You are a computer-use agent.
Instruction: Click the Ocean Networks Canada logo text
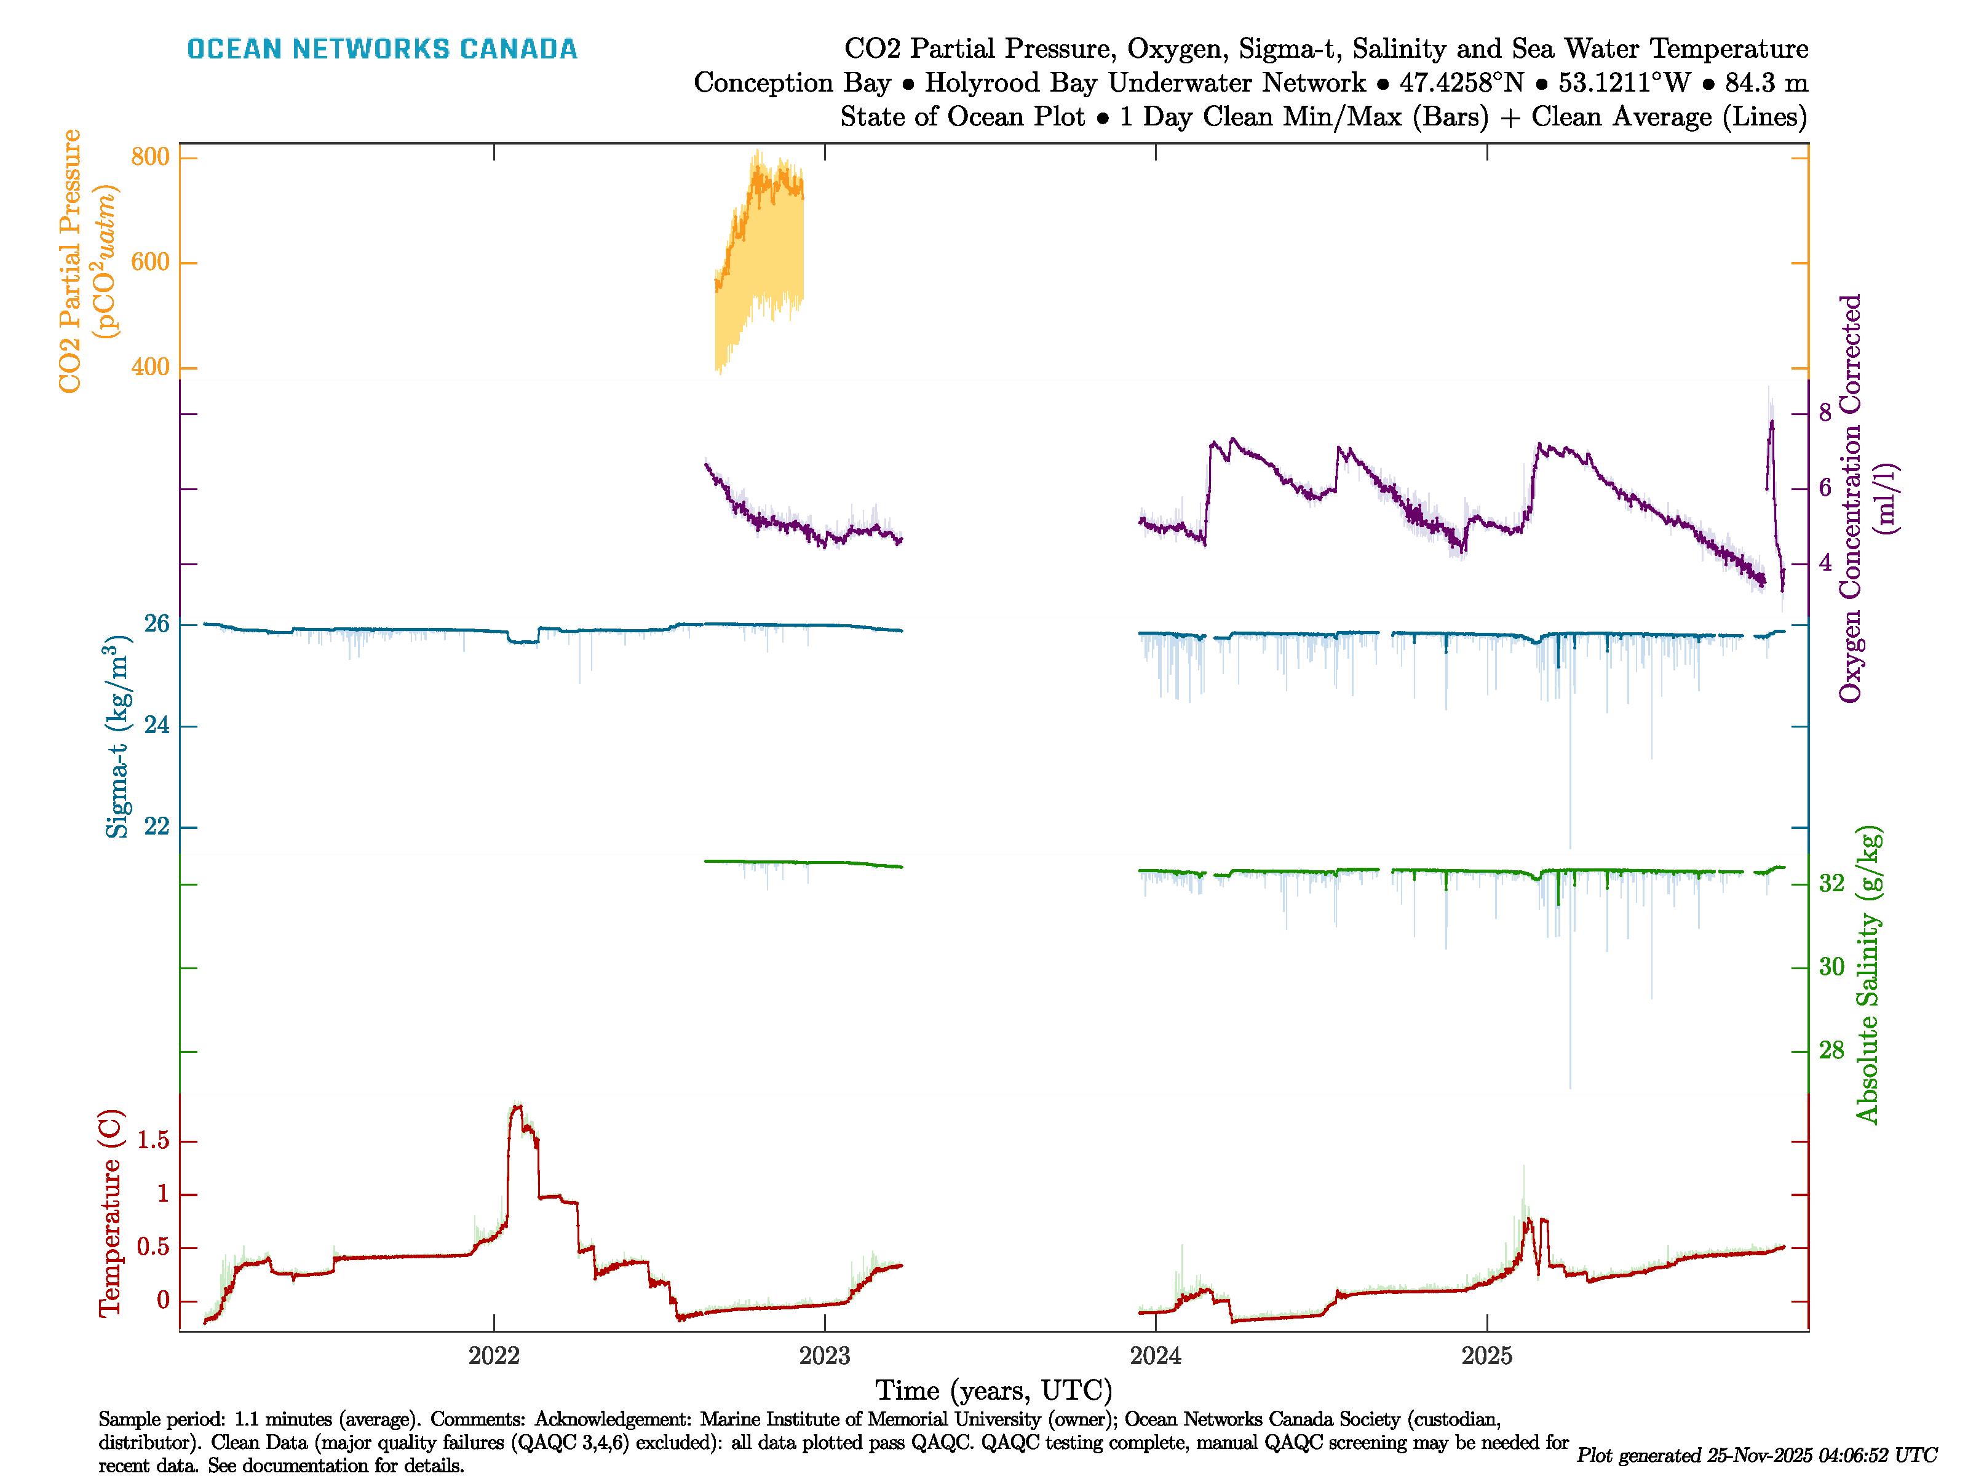click(x=382, y=49)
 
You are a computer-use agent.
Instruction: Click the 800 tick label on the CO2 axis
click(x=149, y=157)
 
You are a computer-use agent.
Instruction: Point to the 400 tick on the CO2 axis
click(x=149, y=367)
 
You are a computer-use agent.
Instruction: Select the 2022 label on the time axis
click(x=494, y=1356)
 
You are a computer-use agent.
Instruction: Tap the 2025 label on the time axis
click(x=1486, y=1356)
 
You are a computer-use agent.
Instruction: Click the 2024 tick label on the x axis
click(x=1156, y=1356)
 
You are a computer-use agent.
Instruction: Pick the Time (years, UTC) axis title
click(x=994, y=1391)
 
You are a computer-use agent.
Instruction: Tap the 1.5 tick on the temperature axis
click(x=153, y=1141)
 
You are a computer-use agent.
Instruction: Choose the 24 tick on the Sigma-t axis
click(x=157, y=726)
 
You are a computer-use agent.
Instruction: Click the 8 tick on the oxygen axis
click(x=1826, y=413)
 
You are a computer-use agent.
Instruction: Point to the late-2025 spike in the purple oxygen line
click(x=1771, y=426)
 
